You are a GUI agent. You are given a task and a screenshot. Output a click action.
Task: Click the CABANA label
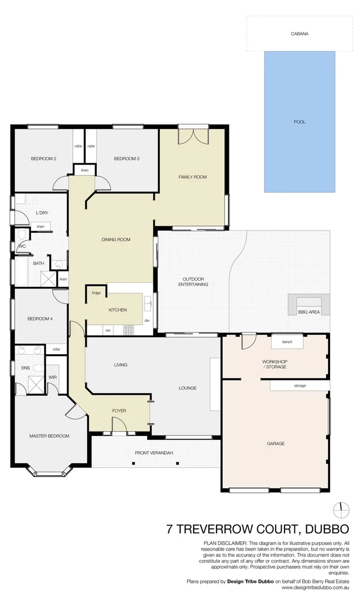coord(299,34)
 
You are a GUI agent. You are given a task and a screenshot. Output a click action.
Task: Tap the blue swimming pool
coord(299,122)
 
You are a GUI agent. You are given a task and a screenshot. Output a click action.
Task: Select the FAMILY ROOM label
coord(192,177)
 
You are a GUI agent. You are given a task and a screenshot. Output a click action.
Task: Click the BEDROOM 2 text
coord(43,159)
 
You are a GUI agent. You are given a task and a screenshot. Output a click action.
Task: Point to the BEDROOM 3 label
coord(126,159)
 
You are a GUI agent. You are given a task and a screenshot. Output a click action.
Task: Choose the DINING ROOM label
coord(116,240)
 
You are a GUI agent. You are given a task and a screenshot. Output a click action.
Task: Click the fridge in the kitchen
coord(96,293)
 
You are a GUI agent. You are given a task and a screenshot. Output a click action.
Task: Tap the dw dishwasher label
coord(147,321)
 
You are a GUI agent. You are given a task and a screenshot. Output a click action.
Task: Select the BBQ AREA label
coord(309,312)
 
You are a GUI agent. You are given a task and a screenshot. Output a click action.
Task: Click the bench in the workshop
coord(287,342)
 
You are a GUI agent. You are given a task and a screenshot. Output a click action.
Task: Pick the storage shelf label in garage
coord(299,386)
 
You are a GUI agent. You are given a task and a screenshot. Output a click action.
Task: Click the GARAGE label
coord(276,443)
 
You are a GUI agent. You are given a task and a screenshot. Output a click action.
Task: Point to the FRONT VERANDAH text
coord(154,453)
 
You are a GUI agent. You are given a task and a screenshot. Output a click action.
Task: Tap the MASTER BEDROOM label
coord(49,436)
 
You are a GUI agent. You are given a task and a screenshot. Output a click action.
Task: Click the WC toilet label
coord(22,246)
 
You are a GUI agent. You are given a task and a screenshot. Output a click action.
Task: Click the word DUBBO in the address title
coord(325,528)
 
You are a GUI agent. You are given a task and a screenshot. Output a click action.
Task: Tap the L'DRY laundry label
coord(42,213)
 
